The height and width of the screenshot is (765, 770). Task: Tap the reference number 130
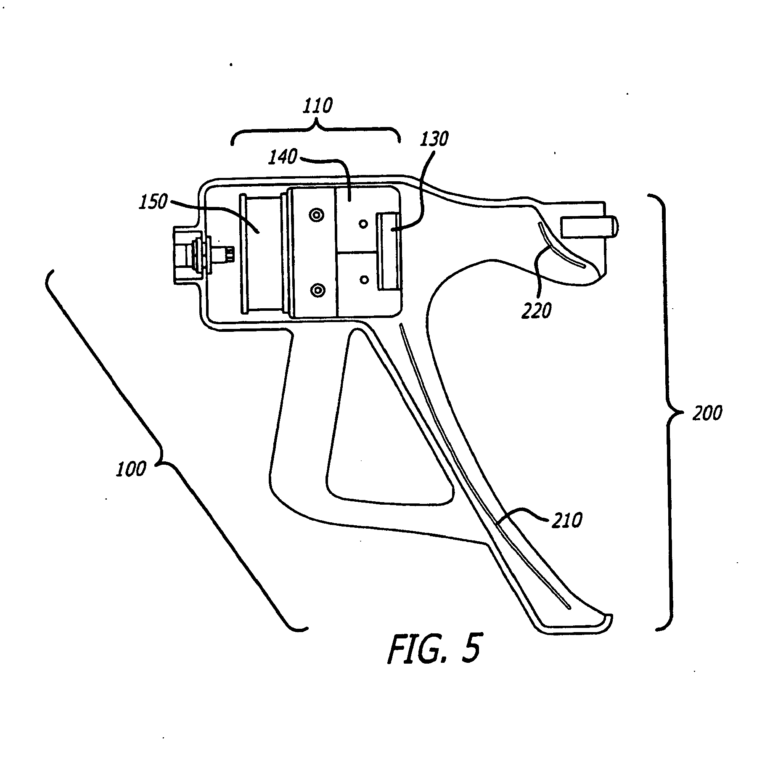point(435,139)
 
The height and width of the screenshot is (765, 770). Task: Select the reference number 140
point(283,158)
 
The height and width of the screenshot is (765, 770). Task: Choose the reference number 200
point(707,414)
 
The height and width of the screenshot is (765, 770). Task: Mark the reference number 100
point(131,469)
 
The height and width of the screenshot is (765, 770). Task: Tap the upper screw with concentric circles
point(316,215)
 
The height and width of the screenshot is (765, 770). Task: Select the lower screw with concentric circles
point(316,290)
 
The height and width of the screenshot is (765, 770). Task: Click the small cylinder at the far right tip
point(588,227)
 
